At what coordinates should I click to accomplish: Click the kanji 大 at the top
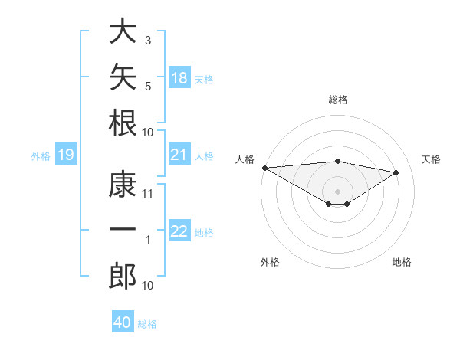click(123, 31)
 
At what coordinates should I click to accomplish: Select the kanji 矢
click(123, 77)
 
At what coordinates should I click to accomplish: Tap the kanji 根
click(123, 123)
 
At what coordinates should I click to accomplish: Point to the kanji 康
click(123, 184)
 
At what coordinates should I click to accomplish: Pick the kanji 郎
click(123, 276)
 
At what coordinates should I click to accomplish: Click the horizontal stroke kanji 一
click(123, 228)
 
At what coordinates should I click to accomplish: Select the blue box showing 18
click(179, 77)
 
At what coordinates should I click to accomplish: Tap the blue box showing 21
click(179, 154)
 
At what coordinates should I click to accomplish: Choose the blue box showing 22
click(179, 230)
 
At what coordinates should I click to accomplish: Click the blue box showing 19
click(66, 154)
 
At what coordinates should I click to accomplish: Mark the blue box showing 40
click(123, 321)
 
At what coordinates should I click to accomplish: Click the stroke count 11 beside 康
click(147, 194)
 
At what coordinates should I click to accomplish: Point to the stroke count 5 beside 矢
click(148, 87)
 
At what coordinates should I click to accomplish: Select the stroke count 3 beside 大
click(148, 40)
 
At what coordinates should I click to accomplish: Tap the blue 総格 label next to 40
click(147, 324)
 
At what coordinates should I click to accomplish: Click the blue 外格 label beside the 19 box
click(41, 156)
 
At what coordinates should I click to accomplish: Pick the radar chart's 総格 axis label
click(338, 100)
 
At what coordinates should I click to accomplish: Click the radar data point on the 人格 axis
click(265, 168)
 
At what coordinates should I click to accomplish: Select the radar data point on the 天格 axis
click(396, 172)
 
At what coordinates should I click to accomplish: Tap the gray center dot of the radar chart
click(337, 191)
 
